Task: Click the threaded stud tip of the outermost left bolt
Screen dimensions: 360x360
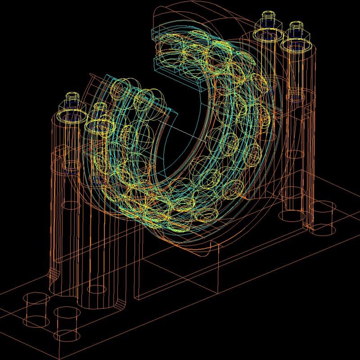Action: pos(72,97)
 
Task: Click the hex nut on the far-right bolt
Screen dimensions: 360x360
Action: pos(297,31)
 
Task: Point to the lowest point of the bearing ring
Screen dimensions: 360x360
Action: pos(175,232)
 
